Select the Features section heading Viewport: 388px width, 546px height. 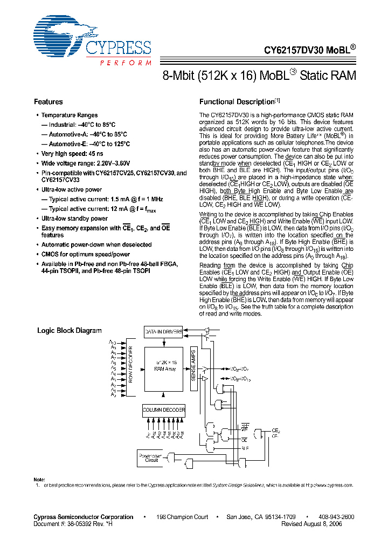click(48, 102)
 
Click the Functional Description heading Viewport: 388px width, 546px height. click(237, 102)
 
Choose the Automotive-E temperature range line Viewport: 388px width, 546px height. click(86, 144)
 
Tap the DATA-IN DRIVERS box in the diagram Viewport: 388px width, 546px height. click(164, 332)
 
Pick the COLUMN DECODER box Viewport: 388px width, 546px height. click(164, 410)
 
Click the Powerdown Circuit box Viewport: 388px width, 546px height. click(151, 459)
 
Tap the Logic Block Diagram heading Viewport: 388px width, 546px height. click(69, 331)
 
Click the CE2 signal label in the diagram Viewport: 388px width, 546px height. click(276, 431)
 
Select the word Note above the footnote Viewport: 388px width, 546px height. click(39, 480)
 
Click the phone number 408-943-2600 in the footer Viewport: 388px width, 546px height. click(336, 517)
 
